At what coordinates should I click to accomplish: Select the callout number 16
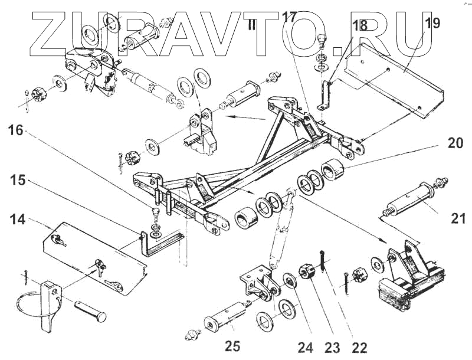(15, 130)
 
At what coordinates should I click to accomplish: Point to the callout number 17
(289, 17)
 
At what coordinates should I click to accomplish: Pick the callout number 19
(432, 24)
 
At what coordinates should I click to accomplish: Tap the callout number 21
(458, 220)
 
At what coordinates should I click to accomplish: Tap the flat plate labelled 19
(395, 77)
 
